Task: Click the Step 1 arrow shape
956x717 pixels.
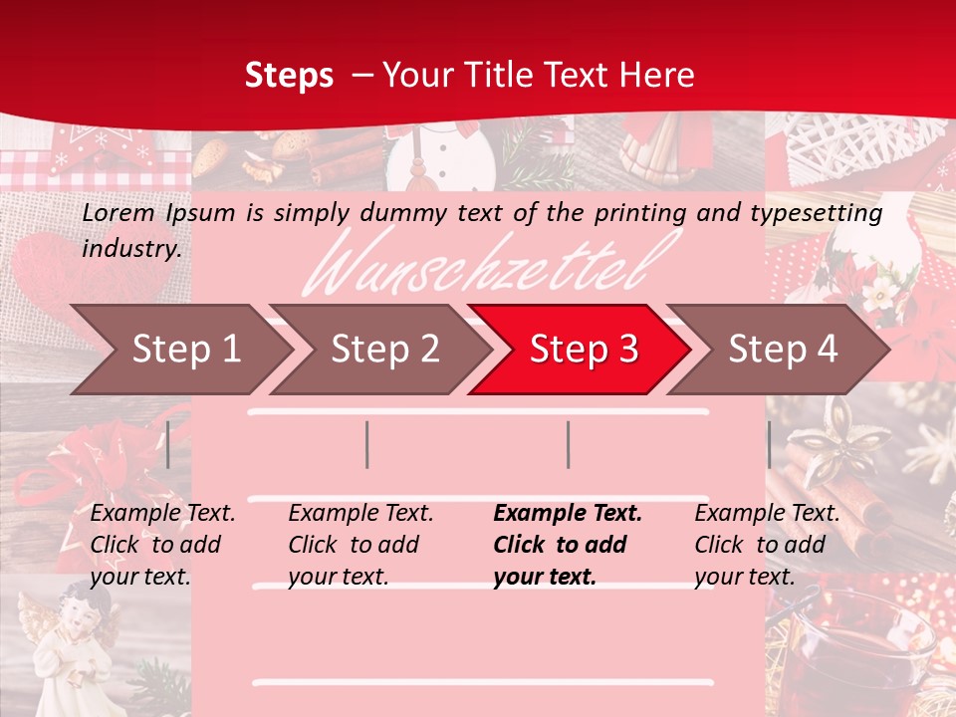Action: point(179,350)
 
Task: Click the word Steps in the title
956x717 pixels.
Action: point(289,75)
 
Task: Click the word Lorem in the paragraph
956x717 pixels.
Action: point(119,212)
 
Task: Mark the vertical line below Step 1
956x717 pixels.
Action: point(168,444)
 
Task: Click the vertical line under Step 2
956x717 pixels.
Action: point(367,444)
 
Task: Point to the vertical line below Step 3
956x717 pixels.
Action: point(568,444)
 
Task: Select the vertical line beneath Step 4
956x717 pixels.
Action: point(769,444)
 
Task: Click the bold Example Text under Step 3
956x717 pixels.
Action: point(568,514)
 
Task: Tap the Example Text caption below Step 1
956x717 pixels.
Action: point(162,514)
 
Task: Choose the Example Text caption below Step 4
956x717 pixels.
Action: point(767,514)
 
